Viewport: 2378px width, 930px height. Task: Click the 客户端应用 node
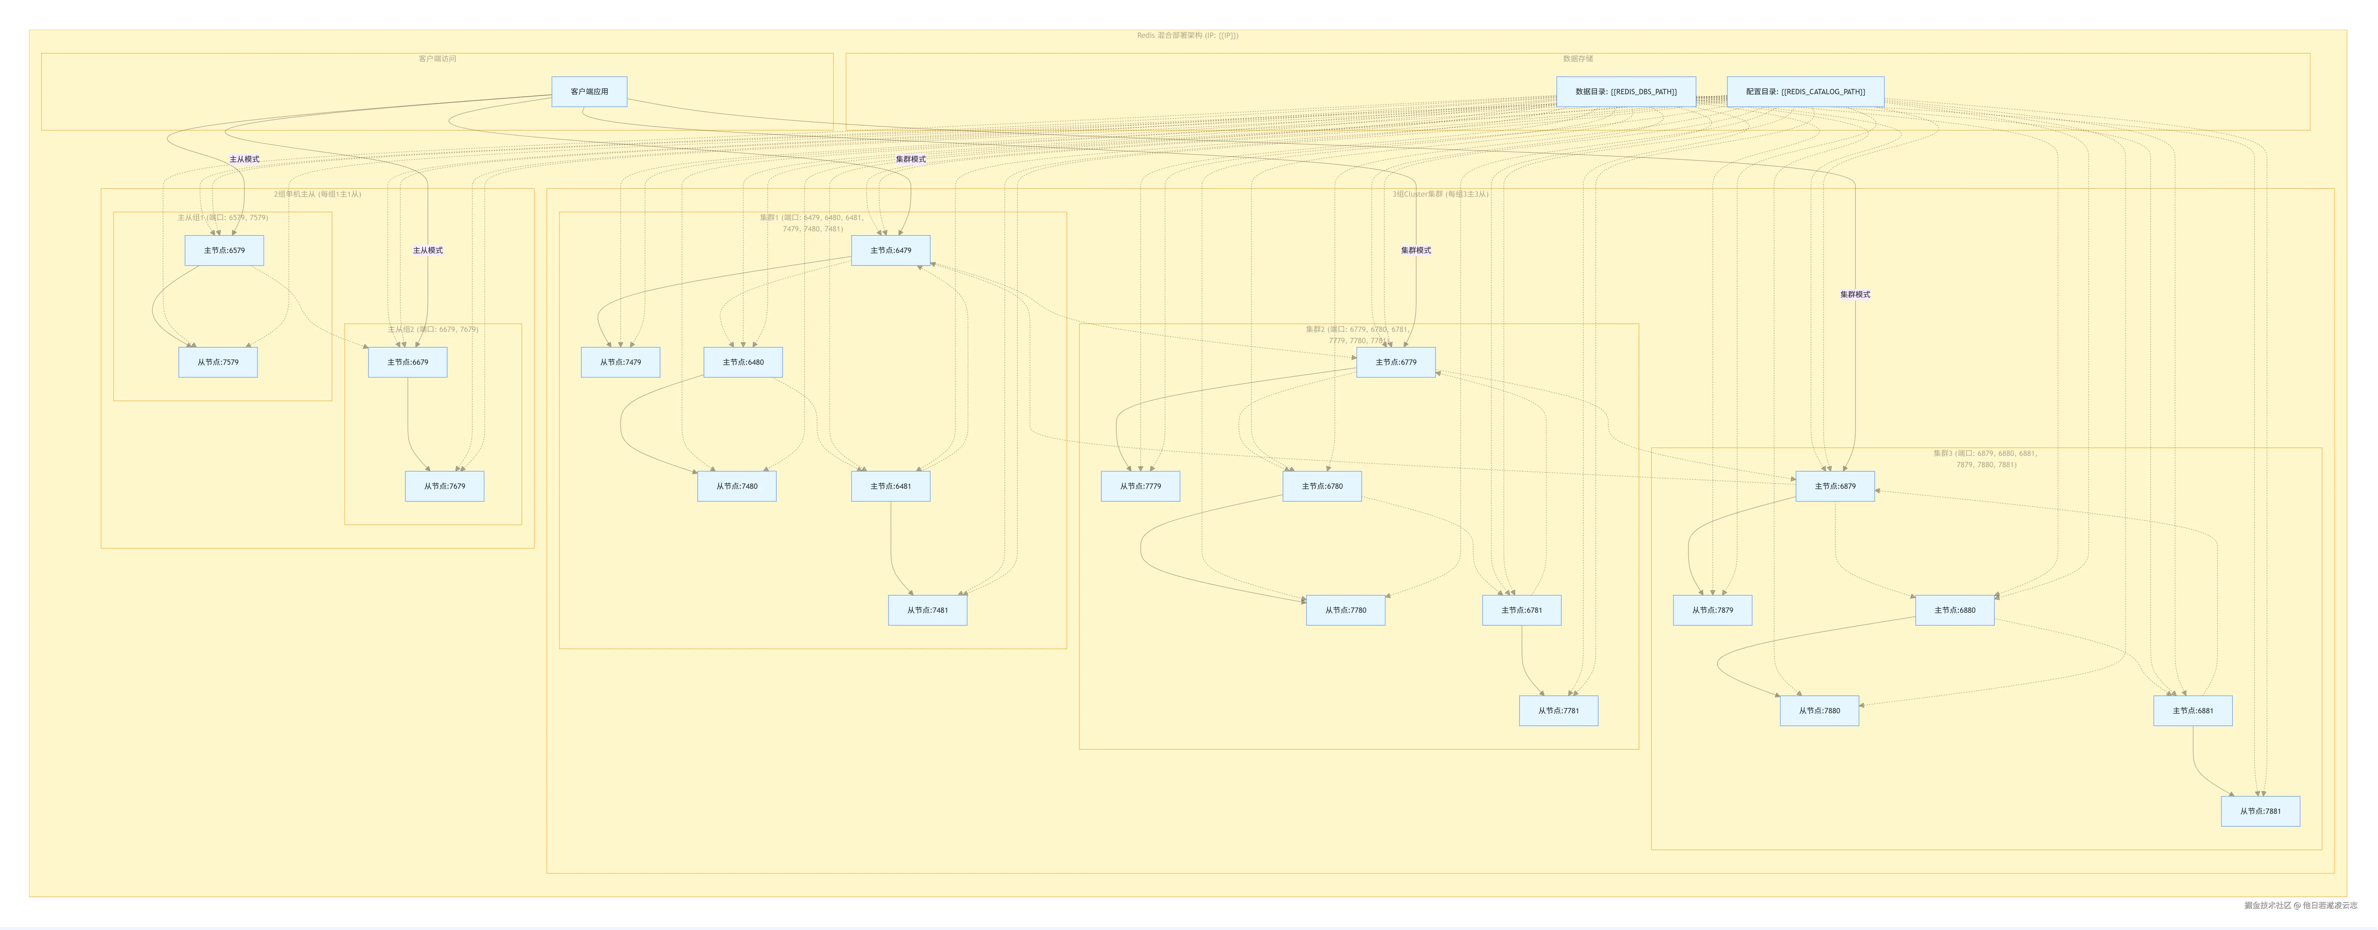tap(589, 91)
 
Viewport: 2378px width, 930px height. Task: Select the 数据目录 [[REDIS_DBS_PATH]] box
tap(1626, 91)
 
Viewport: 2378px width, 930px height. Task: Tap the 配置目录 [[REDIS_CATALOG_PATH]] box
tap(1805, 91)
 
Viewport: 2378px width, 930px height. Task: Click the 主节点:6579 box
tap(224, 250)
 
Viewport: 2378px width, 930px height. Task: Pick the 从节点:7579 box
tap(218, 362)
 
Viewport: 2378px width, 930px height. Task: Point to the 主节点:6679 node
tap(407, 362)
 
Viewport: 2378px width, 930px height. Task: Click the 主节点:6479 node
tap(890, 250)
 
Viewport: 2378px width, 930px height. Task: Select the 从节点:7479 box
tap(620, 362)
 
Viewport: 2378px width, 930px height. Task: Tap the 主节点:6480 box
tap(743, 362)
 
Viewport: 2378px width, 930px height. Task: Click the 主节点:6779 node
tap(1396, 362)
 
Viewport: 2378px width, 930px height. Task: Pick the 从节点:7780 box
tap(1345, 610)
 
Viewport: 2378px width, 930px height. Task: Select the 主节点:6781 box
tap(1521, 610)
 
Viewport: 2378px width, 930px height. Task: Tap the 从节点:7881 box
tap(2260, 811)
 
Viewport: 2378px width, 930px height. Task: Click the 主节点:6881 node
tap(2192, 710)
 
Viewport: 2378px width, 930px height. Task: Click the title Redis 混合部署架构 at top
tap(1187, 35)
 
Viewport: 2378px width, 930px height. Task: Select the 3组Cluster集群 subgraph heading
tap(1440, 194)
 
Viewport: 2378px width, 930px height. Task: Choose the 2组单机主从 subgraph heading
tap(317, 194)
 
